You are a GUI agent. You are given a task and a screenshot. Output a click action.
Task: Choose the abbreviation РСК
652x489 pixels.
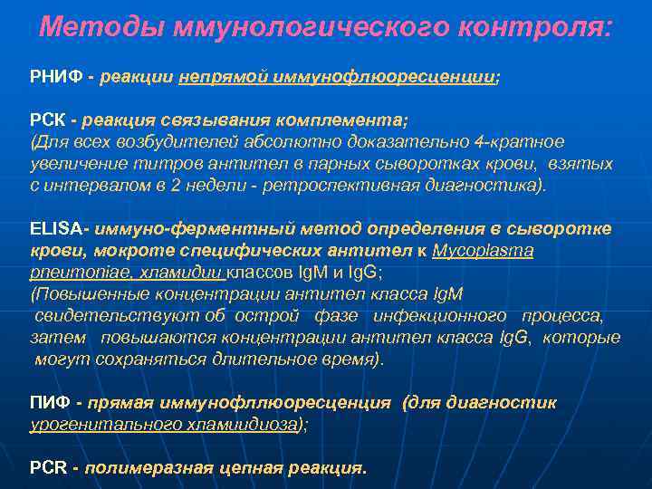pos(48,120)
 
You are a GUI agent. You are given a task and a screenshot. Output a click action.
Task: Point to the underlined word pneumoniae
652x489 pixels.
pos(68,272)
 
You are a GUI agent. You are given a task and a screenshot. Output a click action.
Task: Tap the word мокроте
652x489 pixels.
pos(115,251)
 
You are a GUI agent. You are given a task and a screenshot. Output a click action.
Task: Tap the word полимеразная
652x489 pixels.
pos(149,468)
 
